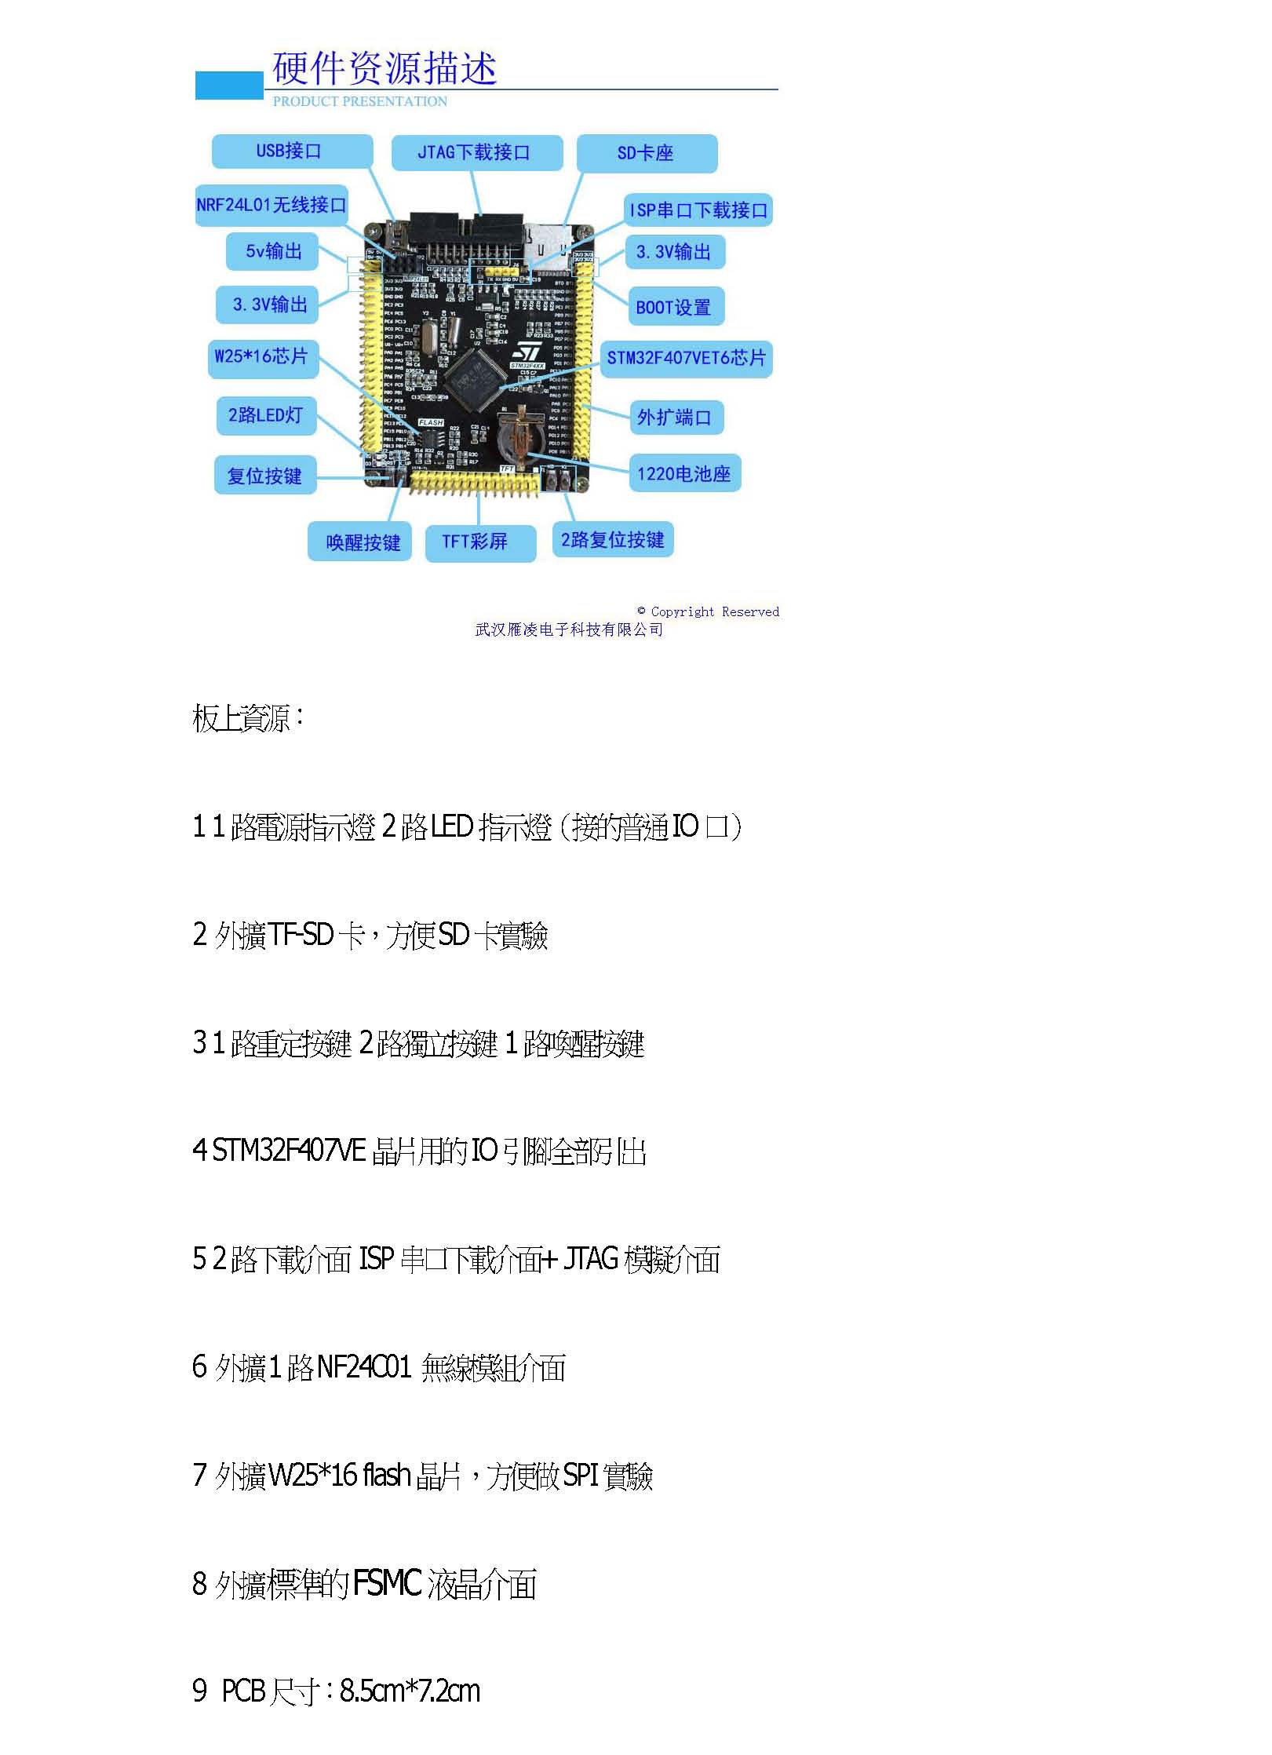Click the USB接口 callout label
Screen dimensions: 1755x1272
pos(291,151)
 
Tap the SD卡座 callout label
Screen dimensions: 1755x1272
pos(647,153)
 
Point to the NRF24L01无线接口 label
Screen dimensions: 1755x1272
pos(272,206)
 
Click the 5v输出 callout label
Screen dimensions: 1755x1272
pos(272,251)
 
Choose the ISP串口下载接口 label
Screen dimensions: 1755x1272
pos(698,210)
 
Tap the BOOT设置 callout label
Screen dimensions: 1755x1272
pos(674,307)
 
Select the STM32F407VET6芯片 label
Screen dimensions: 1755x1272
pos(686,359)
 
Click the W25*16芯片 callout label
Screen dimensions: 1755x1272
pos(261,357)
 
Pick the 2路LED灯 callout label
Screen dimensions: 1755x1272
pos(266,415)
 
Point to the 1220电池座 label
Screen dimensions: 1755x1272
pos(683,473)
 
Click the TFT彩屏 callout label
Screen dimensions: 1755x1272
pos(479,542)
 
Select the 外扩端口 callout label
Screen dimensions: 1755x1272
pos(675,418)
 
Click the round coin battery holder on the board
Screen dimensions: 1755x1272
pos(516,436)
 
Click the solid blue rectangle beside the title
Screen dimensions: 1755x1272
pos(228,86)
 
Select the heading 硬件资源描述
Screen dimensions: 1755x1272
pos(385,68)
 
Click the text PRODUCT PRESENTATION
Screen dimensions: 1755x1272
pos(359,101)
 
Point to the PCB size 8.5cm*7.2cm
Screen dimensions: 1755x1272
pos(410,1691)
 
